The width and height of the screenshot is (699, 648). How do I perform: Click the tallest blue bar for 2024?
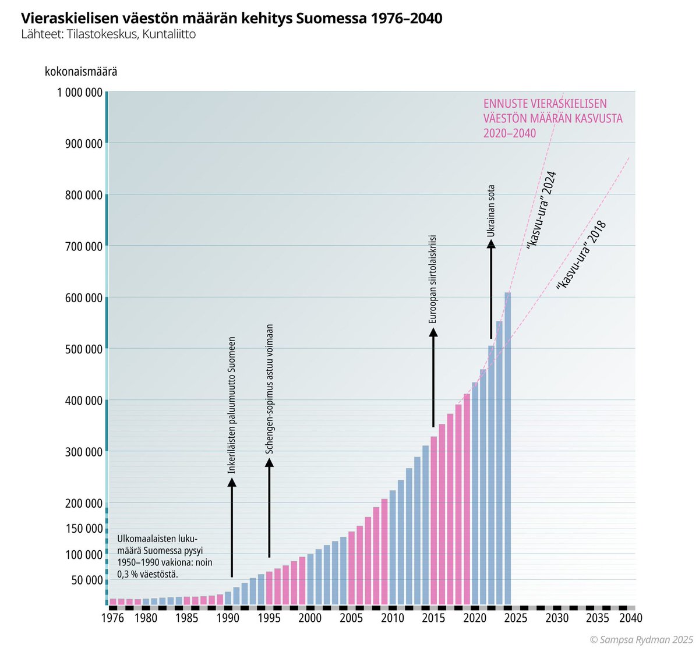(x=508, y=448)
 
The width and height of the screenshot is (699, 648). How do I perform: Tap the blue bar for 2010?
(x=393, y=547)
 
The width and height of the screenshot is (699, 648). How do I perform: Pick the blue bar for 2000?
(x=310, y=579)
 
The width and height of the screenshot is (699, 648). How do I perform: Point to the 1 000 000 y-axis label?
(x=80, y=93)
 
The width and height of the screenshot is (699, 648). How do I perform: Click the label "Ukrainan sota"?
(x=491, y=211)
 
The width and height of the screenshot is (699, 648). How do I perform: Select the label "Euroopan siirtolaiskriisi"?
(x=433, y=279)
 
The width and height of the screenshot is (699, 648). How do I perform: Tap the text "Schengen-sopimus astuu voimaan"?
(x=269, y=389)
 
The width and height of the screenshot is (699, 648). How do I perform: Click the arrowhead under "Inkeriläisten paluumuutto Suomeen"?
(x=232, y=481)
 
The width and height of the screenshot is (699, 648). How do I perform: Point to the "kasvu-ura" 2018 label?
(x=581, y=256)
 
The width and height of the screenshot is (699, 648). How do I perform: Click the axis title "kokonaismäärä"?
(x=81, y=72)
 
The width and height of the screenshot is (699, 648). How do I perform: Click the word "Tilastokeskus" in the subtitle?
(x=97, y=34)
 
